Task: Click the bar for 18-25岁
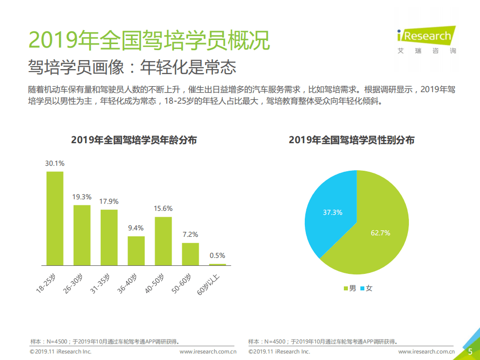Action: [55, 218]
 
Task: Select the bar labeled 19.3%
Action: [82, 235]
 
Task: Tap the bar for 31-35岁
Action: [109, 237]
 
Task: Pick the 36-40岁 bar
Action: [136, 250]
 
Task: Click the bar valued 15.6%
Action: [163, 241]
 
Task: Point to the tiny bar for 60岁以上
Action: [217, 264]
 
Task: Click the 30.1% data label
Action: [55, 163]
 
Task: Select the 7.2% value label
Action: [191, 234]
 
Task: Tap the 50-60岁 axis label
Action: [181, 284]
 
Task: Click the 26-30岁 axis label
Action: [73, 284]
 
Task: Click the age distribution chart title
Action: [134, 140]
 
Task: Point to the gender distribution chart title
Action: [351, 140]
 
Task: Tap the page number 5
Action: [470, 351]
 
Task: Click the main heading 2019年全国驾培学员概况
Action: [149, 40]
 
